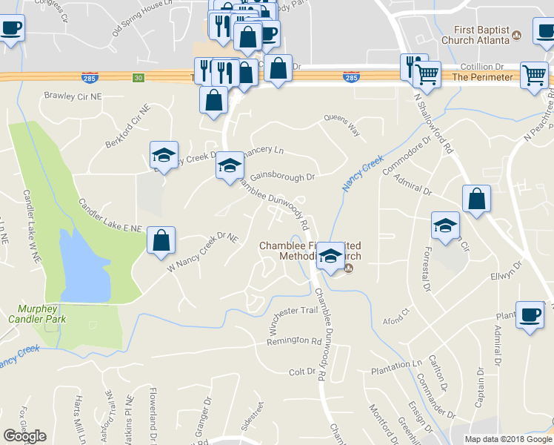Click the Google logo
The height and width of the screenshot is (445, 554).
pyautogui.click(x=24, y=436)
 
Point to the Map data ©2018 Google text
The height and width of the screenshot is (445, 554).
pyautogui.click(x=507, y=439)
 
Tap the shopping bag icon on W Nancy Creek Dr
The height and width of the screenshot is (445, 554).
pyautogui.click(x=161, y=241)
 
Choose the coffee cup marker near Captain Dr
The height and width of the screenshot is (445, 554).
pyautogui.click(x=530, y=314)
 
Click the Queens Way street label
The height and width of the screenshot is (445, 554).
pyautogui.click(x=343, y=127)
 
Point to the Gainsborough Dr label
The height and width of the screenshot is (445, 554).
pyautogui.click(x=282, y=177)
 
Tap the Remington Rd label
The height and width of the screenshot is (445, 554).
pyautogui.click(x=294, y=340)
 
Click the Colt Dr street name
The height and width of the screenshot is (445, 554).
pyautogui.click(x=302, y=372)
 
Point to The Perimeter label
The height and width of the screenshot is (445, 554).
pyautogui.click(x=482, y=77)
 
